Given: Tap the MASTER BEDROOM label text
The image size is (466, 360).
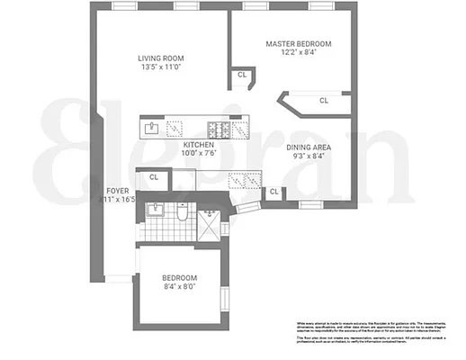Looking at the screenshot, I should tap(298, 43).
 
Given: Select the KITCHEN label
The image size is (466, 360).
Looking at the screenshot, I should tap(198, 144).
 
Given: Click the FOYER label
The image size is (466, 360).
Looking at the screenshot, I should tap(117, 191).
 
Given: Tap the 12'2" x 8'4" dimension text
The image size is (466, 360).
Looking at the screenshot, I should tap(298, 52).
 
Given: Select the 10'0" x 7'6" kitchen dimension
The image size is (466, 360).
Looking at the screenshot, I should tap(198, 153).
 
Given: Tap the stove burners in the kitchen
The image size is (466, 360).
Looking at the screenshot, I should tap(219, 128).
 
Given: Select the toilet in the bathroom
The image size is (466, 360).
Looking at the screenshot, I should tap(182, 214).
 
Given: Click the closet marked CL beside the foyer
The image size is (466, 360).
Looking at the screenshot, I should tap(153, 177).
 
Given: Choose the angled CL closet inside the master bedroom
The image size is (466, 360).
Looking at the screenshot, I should tap(322, 102).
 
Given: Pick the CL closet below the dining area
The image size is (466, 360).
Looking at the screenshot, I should tap(273, 192).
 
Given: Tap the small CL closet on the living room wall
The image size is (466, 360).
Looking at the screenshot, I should tap(242, 76).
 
